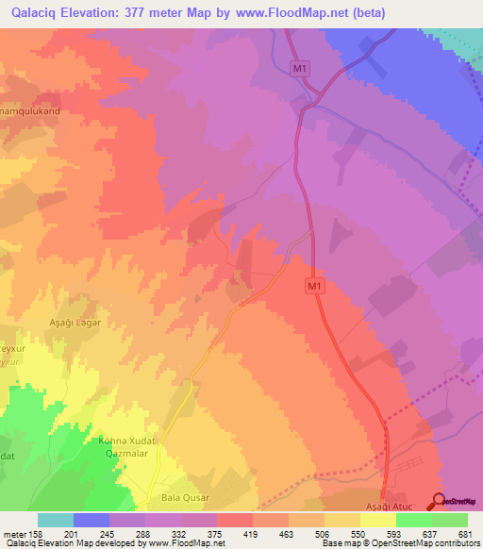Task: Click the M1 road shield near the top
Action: [300, 68]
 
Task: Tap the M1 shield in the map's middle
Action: [315, 285]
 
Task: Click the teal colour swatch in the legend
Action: [56, 520]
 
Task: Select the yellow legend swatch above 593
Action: [378, 520]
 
